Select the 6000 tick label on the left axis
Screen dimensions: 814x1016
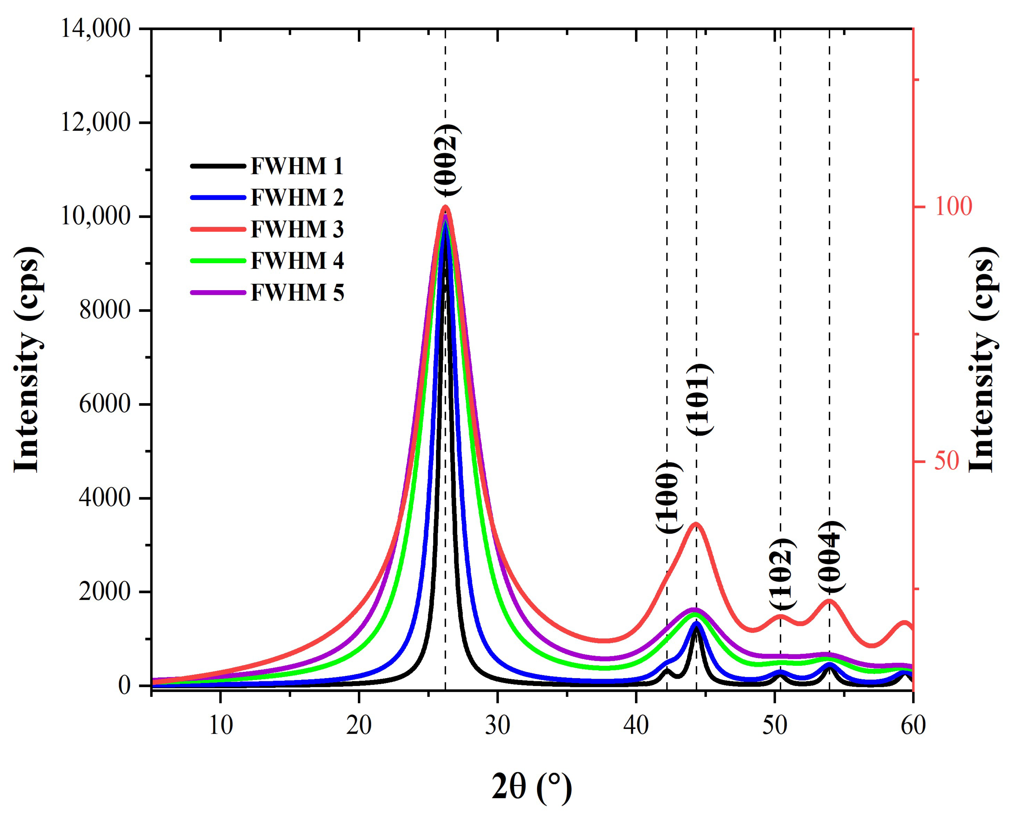pyautogui.click(x=104, y=404)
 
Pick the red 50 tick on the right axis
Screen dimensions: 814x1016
pyautogui.click(x=947, y=461)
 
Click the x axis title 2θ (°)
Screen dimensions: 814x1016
pyautogui.click(x=532, y=787)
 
